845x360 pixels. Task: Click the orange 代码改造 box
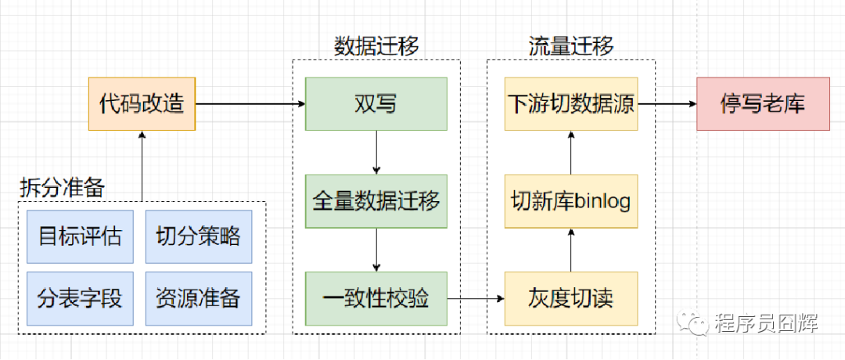(142, 103)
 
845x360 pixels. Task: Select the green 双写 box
(376, 103)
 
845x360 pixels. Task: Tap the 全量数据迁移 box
(376, 200)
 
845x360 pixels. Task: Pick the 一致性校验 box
(376, 298)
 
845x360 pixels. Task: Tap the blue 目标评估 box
(81, 236)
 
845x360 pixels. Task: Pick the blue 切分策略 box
(199, 236)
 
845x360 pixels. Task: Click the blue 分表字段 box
(81, 298)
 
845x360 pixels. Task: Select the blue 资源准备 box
(199, 298)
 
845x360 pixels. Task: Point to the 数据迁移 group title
(376, 45)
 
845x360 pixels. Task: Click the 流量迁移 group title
(570, 45)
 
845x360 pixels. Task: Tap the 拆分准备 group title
(63, 187)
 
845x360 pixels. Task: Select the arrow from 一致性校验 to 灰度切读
(476, 298)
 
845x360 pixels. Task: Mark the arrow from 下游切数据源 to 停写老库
(667, 103)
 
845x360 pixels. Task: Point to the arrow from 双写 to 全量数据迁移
(376, 153)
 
